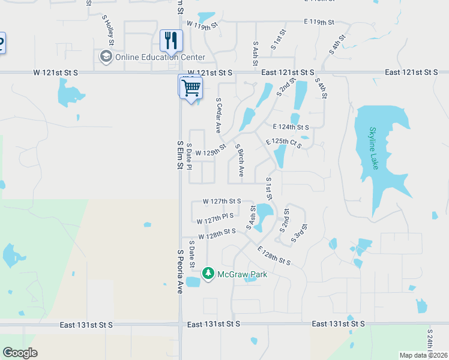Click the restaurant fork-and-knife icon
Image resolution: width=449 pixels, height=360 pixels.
[x=171, y=41]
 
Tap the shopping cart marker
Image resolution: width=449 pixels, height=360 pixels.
[x=191, y=88]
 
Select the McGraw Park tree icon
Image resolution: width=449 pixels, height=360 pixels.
[x=208, y=274]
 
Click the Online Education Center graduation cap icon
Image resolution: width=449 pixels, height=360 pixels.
[x=106, y=57]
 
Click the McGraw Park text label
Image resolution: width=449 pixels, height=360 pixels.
[x=242, y=274]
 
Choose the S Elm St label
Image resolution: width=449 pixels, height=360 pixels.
[x=179, y=155]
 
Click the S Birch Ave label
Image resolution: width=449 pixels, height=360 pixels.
[x=240, y=160]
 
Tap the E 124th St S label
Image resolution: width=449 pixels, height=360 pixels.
[x=291, y=127]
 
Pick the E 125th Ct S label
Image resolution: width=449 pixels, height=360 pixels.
[x=284, y=143]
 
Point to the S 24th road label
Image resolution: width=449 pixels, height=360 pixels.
[x=430, y=341]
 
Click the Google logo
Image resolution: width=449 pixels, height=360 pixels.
[x=20, y=353]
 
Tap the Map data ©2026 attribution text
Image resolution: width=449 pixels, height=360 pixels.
[x=423, y=355]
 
